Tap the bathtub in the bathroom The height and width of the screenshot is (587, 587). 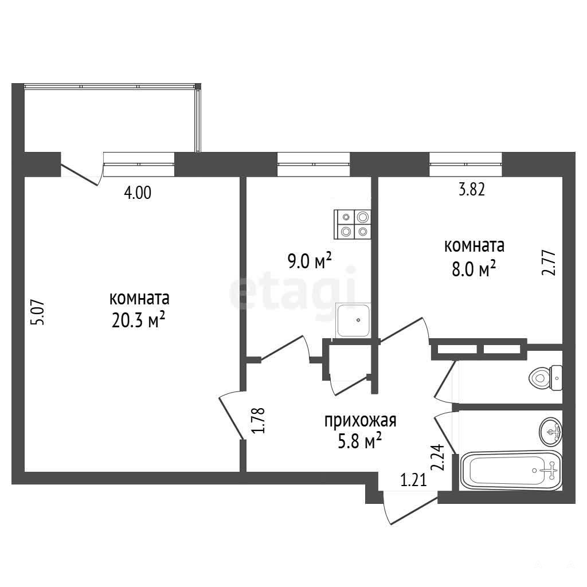click(x=511, y=471)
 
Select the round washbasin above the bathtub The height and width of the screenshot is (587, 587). click(x=551, y=432)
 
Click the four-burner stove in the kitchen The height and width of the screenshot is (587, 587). click(x=353, y=224)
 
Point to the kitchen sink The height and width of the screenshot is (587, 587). click(x=353, y=320)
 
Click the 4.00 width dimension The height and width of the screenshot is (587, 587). click(x=138, y=193)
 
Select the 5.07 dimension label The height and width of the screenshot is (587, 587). click(x=39, y=312)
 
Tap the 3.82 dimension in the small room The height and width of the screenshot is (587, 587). click(x=472, y=190)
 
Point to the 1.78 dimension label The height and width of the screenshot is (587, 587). click(x=259, y=420)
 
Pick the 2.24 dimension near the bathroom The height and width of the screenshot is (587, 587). click(x=437, y=457)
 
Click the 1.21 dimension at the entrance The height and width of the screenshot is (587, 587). click(x=414, y=480)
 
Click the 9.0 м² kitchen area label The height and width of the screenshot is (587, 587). click(x=310, y=261)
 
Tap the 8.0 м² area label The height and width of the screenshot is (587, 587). click(x=474, y=268)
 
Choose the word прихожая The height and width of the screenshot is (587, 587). click(x=360, y=421)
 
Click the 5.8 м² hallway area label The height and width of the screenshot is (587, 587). click(x=360, y=441)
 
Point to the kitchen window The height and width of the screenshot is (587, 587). click(x=314, y=164)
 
